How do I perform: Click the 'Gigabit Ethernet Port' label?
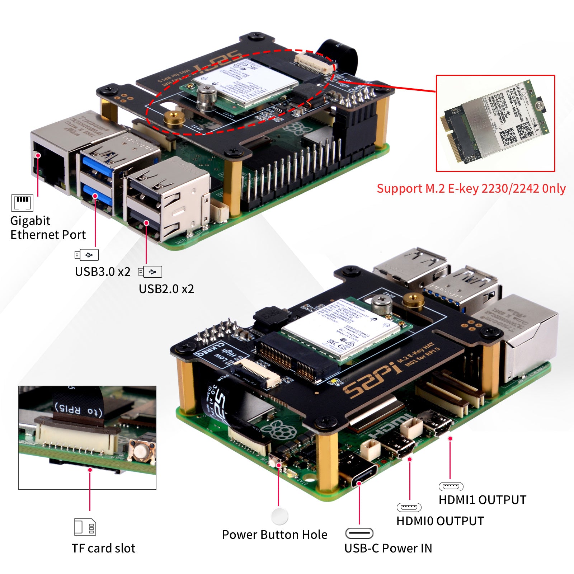click(48, 227)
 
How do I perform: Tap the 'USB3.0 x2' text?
click(102, 272)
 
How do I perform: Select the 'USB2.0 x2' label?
click(166, 289)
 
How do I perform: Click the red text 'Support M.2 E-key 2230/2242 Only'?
click(471, 189)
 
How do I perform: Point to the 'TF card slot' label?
click(103, 548)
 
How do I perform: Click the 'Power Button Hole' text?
click(274, 535)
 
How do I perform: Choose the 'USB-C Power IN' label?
click(388, 548)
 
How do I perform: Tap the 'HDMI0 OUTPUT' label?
click(440, 521)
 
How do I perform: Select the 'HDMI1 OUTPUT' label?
click(482, 500)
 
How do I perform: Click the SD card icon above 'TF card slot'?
click(85, 527)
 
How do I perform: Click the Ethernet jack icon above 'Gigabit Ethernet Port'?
click(22, 203)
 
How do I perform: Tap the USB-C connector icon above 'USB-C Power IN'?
click(359, 533)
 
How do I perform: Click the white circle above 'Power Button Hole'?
click(280, 516)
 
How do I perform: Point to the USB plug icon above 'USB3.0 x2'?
click(86, 255)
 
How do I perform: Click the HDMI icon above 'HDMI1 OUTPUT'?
click(451, 486)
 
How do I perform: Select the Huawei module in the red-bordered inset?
click(495, 122)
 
